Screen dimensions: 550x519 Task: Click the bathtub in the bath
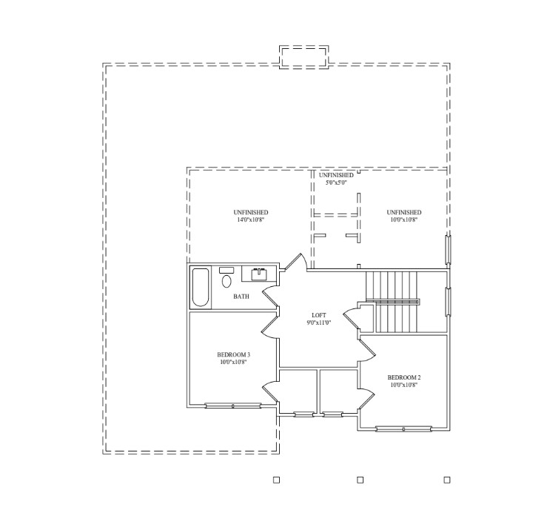201,287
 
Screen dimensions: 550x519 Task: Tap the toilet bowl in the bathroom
227,282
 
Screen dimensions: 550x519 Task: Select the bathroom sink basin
260,274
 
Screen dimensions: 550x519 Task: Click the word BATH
241,297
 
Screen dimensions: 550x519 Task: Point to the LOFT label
319,315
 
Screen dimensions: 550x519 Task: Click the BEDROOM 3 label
234,354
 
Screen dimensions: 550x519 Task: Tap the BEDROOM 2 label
404,377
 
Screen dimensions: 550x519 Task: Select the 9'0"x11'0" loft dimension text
319,323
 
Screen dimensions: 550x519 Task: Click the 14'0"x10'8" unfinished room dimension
250,219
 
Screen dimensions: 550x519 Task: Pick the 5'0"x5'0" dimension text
336,182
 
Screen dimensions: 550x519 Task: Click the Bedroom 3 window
233,406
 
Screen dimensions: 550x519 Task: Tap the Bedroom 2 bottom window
403,429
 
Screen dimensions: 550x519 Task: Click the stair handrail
393,302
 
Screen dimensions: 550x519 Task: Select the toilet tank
227,270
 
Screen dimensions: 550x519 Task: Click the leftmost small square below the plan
276,480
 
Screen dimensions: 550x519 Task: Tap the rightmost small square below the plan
447,480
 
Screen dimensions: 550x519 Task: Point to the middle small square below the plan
360,480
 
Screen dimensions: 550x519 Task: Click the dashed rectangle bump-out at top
304,57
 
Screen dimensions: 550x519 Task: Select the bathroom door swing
269,294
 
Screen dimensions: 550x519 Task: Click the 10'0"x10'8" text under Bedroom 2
404,385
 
